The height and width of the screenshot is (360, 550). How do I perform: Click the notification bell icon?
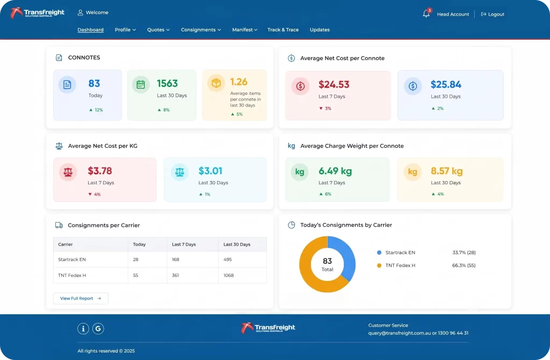point(426,14)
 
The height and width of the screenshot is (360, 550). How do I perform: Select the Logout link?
point(493,15)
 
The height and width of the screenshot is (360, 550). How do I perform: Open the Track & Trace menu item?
point(283,30)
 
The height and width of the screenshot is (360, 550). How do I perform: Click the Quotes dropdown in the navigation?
point(158,30)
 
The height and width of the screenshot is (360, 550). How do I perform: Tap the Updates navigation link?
point(320,30)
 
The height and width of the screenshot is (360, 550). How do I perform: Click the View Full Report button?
point(81,298)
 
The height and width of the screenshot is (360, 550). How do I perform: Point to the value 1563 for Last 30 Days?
point(168,83)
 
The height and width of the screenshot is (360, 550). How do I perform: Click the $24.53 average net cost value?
point(334,84)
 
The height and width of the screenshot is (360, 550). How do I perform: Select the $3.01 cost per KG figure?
point(211,171)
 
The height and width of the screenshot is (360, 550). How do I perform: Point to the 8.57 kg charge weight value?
point(446,171)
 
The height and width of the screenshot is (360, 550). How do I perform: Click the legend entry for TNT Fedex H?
point(396,265)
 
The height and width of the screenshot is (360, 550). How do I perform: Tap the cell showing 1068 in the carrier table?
point(228,276)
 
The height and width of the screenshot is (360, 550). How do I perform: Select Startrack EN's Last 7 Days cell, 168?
point(176,260)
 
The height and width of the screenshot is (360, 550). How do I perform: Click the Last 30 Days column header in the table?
point(237,244)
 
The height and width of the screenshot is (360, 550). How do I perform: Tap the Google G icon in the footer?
point(98,329)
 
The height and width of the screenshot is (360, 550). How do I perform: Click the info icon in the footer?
point(83,329)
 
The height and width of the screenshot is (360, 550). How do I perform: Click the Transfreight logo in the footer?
point(268,328)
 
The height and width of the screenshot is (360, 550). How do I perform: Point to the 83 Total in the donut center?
point(327,264)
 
